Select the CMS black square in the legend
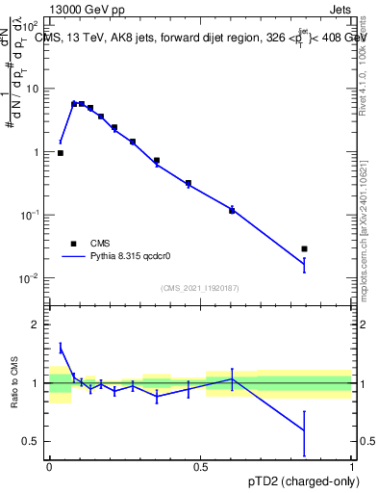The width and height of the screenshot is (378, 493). coord(73,244)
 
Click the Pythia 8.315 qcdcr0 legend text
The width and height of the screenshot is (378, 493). coord(132,257)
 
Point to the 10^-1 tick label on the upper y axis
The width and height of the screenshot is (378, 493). coord(32,215)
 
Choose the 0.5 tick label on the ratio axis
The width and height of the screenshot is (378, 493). coord(35,441)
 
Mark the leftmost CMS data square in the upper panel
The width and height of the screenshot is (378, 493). coord(61,153)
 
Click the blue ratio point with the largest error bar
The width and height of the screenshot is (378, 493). coord(304,429)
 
